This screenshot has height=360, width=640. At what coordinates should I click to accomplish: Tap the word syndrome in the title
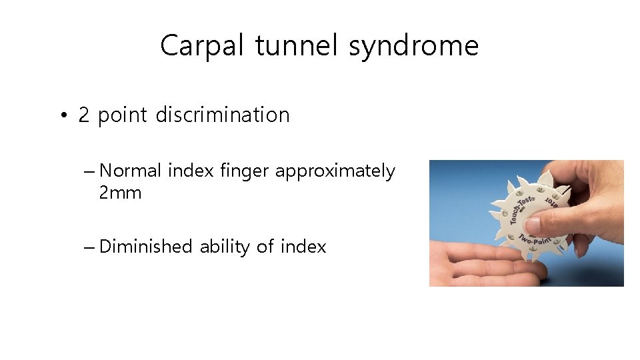point(413,46)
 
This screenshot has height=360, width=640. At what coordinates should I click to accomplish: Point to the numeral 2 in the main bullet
point(83,115)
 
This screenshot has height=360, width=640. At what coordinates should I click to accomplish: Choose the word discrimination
point(223,115)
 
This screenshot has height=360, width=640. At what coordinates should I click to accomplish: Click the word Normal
point(130,171)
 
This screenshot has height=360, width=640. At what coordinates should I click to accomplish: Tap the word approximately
point(335,171)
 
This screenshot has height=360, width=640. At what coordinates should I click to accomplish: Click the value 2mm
point(120,193)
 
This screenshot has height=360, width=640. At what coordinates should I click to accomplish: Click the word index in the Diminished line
point(303,247)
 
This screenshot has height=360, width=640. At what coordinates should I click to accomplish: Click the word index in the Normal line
point(191,171)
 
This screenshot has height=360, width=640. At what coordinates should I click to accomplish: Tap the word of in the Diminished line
point(265,247)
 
